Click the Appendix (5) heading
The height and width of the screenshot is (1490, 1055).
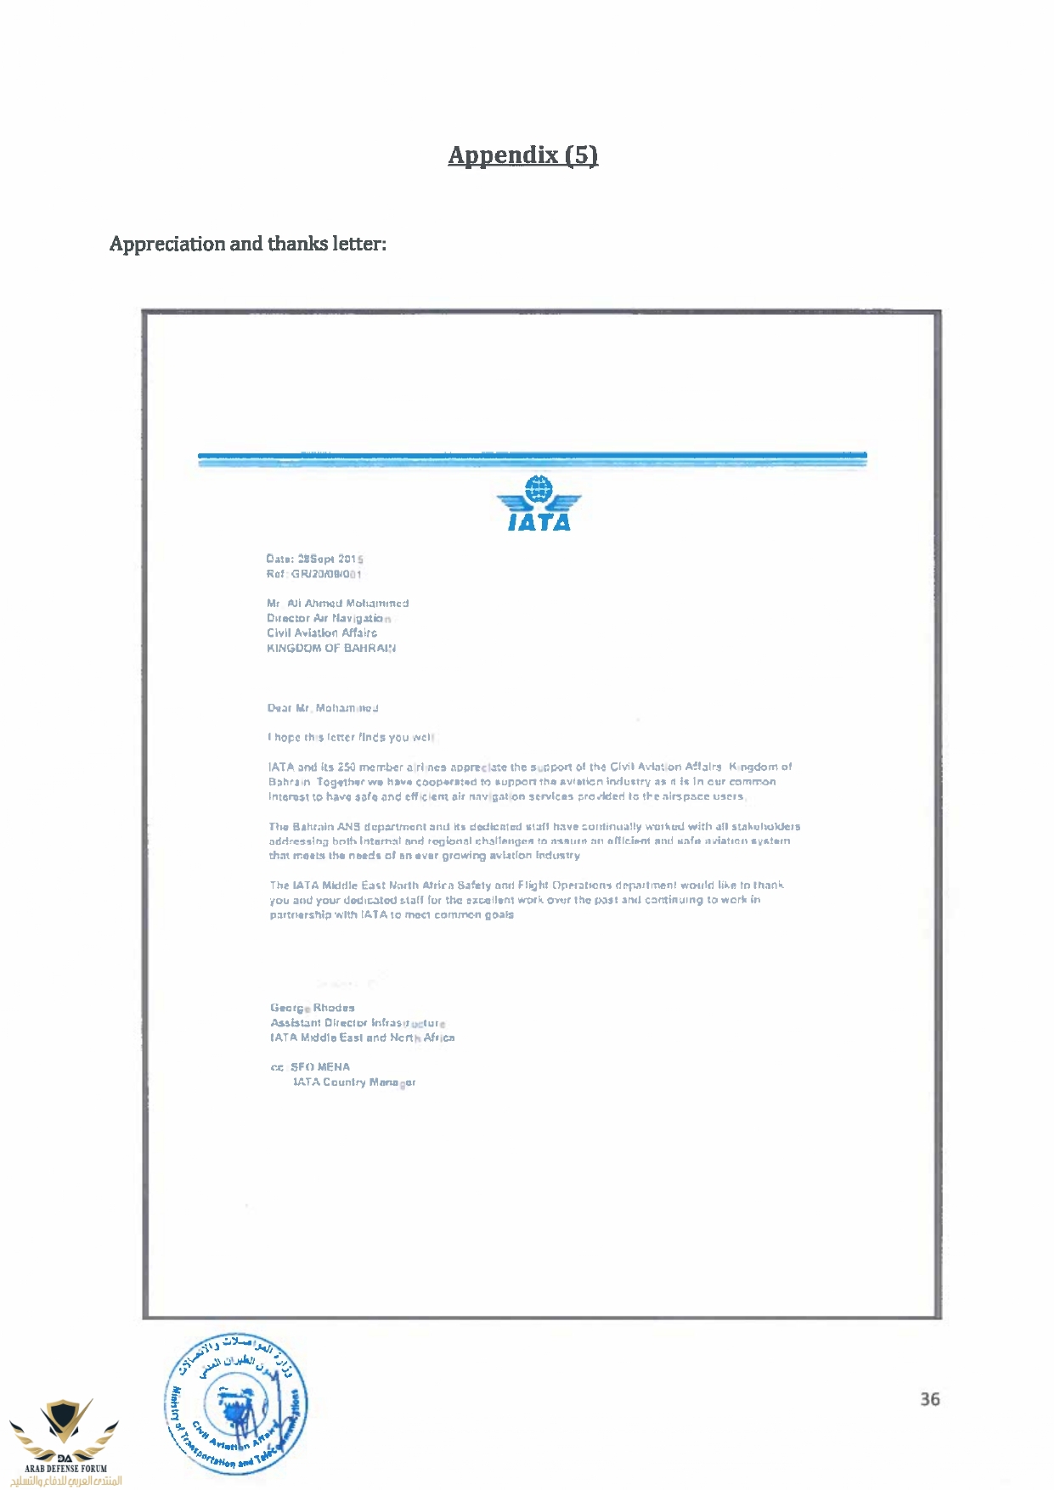pos(522,155)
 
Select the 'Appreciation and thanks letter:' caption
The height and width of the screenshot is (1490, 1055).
pos(247,244)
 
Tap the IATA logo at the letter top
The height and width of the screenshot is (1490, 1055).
pos(539,504)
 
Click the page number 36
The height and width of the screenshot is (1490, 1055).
pos(929,1399)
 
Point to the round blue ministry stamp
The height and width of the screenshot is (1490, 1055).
pos(236,1402)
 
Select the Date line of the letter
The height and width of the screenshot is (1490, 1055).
pos(314,559)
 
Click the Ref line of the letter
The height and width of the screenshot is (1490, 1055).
pos(313,574)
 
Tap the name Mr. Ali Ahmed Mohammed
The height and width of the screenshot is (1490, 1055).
pos(338,604)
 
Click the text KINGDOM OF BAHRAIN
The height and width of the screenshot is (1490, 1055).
pos(331,648)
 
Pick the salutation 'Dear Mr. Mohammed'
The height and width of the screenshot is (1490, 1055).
pos(323,708)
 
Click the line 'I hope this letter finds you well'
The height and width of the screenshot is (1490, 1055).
pos(350,737)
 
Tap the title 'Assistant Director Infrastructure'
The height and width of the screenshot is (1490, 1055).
pos(358,1023)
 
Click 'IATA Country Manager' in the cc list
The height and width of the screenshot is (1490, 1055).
pos(353,1082)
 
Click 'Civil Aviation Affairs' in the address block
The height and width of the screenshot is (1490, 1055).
pos(322,633)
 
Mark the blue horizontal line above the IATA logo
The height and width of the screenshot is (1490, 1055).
pos(532,457)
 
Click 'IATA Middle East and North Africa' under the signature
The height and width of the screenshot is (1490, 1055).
pos(363,1037)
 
